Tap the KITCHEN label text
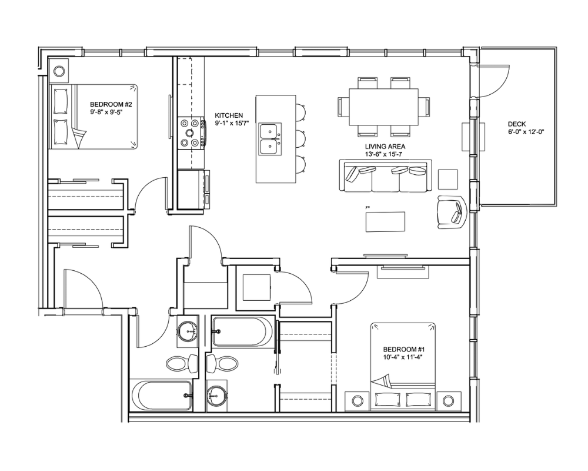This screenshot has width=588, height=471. coord(229,115)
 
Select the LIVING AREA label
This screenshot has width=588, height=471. coord(385,147)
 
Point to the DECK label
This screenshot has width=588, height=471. coord(517,124)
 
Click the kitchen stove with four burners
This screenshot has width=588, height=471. coord(191,132)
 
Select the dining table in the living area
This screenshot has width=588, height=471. coord(383,107)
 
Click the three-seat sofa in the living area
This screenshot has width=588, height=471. coord(386,176)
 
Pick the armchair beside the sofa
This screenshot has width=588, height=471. coord(452,212)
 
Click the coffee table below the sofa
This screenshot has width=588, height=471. coord(386,222)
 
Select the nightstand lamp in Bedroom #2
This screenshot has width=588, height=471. coord(59,71)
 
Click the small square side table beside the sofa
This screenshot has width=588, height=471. coord(448,180)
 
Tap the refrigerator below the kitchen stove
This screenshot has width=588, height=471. coord(191,189)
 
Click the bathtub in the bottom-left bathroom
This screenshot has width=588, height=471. coord(161,396)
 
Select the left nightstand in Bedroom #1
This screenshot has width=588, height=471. coord(356,401)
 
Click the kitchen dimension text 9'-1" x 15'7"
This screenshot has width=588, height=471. coord(232,123)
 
